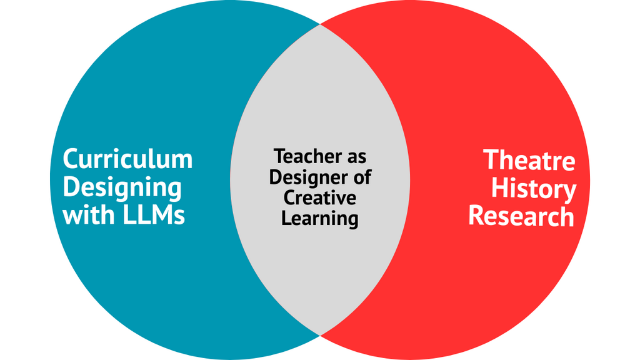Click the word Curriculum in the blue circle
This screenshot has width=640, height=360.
127,159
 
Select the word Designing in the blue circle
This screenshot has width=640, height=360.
122,187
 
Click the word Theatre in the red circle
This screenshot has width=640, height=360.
529,161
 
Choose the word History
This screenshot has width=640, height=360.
533,189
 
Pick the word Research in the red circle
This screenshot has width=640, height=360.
521,216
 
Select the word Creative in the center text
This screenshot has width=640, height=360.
320,197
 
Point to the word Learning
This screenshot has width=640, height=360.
320,219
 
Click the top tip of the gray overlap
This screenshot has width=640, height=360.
320,25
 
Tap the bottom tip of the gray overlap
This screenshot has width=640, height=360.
320,335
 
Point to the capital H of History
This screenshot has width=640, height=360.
499,188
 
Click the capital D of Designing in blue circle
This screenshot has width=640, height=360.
71,187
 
